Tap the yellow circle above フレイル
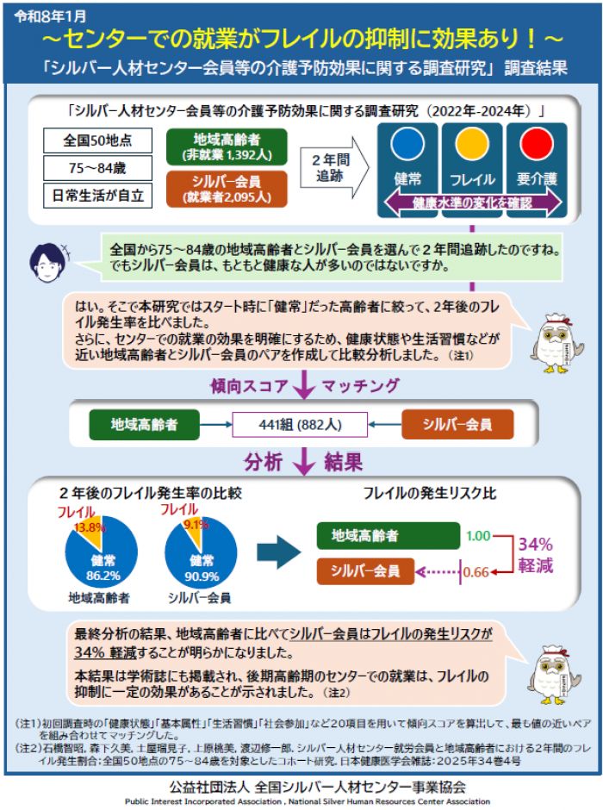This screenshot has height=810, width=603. tap(472, 144)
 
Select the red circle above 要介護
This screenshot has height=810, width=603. tap(536, 144)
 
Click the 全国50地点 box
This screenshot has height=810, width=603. tap(97, 140)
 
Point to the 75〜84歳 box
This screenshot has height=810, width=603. tap(97, 167)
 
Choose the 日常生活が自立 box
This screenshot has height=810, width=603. tap(97, 194)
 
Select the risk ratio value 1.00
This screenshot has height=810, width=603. tap(478, 535)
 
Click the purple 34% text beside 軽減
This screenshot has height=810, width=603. tap(535, 544)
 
